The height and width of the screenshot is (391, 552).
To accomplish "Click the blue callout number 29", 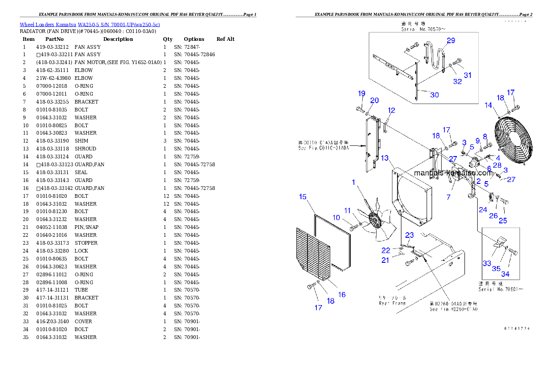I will click(451, 41).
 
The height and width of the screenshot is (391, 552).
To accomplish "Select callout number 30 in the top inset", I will click(434, 95).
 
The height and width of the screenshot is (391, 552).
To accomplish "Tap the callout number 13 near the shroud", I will click(385, 158).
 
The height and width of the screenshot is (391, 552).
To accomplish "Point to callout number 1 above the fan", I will click(353, 182).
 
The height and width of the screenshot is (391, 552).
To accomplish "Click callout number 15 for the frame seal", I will click(302, 197).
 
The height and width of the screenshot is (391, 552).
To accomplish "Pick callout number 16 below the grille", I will click(341, 294).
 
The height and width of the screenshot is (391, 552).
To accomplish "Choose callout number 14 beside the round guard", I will click(488, 105).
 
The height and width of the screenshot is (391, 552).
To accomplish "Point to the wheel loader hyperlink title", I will click(90, 25).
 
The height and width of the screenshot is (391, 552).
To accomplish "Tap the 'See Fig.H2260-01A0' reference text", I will click(453, 309).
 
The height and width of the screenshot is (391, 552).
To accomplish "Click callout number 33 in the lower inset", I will click(487, 263).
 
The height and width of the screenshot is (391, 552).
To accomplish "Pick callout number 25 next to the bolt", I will click(503, 221).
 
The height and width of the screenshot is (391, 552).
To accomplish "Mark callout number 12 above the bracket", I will click(392, 111).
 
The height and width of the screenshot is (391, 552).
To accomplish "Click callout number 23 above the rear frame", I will click(410, 235).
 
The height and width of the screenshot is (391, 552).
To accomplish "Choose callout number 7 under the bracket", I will click(449, 197).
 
